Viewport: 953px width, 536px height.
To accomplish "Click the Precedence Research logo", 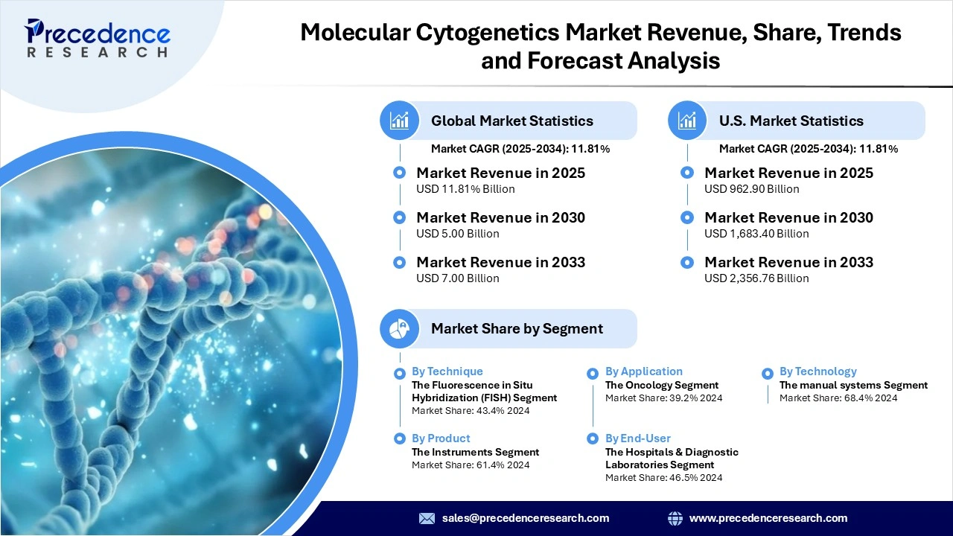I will (x=98, y=38).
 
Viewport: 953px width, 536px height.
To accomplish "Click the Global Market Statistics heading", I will (x=511, y=121).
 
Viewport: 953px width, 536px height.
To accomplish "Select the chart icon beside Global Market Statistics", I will (x=400, y=121).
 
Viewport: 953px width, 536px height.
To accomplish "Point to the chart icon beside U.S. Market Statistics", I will (x=687, y=121).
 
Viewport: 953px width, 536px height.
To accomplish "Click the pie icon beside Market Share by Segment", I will (x=400, y=328).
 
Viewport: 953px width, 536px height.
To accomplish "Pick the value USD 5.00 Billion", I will (x=457, y=234).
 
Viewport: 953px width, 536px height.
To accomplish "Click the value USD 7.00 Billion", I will (x=457, y=278).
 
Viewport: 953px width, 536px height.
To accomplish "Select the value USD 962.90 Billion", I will (x=751, y=189).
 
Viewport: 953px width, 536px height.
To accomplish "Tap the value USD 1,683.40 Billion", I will (x=756, y=234).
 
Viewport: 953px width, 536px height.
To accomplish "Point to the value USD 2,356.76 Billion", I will (x=756, y=278).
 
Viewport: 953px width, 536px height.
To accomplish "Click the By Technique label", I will (x=447, y=371).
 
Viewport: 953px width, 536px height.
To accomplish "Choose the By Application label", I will (x=643, y=371).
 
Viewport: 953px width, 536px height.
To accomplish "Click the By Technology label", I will (x=817, y=371).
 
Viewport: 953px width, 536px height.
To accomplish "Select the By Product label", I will (x=441, y=438).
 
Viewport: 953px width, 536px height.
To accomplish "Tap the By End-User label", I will (x=637, y=438).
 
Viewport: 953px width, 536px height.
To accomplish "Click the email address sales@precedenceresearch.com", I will (x=525, y=518).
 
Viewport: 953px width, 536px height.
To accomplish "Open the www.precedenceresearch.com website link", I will (x=768, y=518).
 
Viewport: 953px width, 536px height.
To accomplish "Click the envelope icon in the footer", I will (x=427, y=518).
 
